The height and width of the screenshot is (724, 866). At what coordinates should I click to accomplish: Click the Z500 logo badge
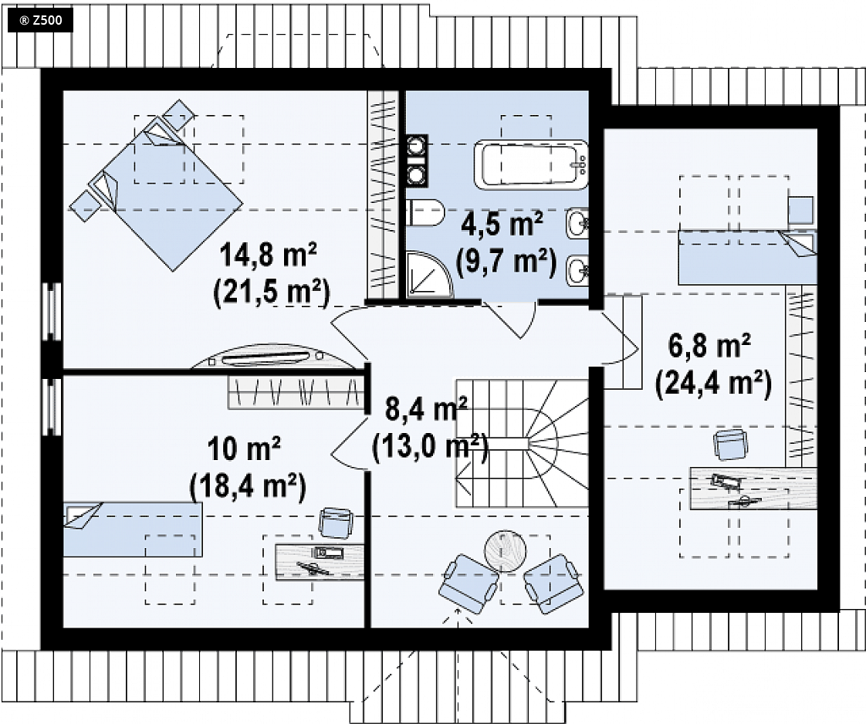[40, 21]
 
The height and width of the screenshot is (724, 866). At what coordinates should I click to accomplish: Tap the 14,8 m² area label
[268, 256]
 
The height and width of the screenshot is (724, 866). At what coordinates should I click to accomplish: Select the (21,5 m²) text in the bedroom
[271, 292]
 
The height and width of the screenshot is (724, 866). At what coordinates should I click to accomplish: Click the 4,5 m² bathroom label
[502, 225]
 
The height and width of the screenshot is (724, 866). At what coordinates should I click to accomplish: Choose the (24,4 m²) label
[712, 383]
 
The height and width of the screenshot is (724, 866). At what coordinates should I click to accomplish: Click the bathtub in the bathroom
[533, 164]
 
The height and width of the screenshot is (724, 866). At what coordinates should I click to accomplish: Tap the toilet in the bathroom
[425, 212]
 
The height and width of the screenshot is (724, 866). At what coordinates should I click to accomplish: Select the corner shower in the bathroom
[429, 275]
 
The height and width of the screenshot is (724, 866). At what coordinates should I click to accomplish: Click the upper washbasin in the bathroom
[577, 224]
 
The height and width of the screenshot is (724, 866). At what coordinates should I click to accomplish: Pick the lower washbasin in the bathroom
[577, 271]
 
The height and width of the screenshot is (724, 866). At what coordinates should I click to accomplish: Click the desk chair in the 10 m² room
[337, 522]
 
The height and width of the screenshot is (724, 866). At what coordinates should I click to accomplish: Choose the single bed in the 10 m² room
[133, 529]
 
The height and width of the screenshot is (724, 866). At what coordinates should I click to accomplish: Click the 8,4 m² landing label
[426, 409]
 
